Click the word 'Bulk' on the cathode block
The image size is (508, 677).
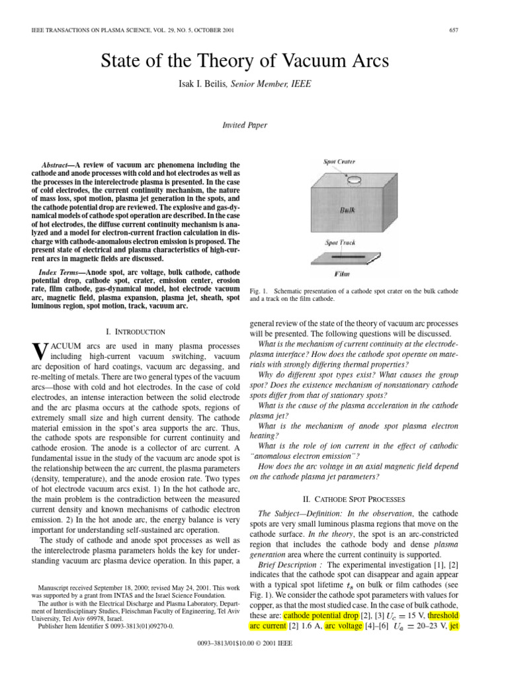pyautogui.click(x=348, y=210)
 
